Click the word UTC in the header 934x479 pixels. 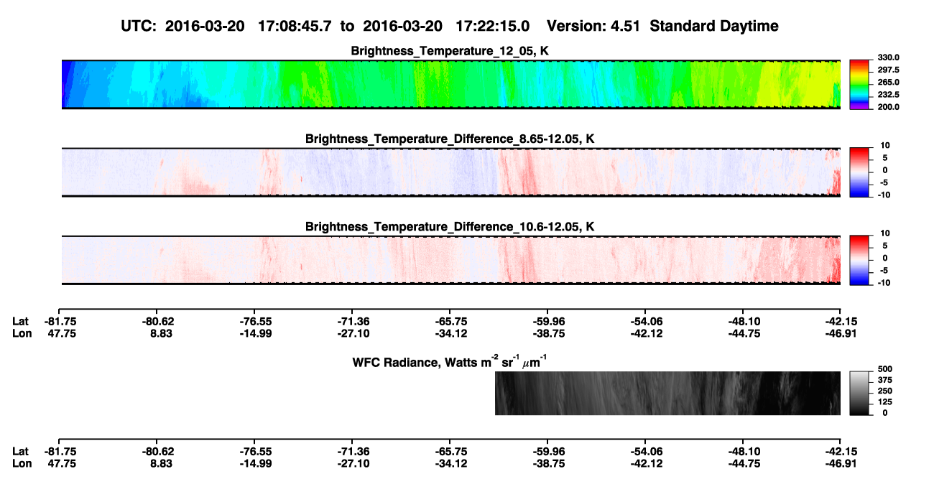coord(139,27)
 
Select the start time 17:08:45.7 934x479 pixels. coord(295,27)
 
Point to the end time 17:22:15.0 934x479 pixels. coord(492,27)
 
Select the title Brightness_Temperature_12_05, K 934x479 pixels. coord(450,51)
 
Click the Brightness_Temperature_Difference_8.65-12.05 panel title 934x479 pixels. coord(450,139)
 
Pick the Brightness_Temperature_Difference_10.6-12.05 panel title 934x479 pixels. coord(450,227)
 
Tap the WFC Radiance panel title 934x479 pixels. coord(450,362)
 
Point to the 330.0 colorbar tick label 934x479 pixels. coord(888,57)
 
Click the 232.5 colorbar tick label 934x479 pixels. coord(888,95)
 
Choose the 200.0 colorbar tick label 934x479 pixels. coord(888,107)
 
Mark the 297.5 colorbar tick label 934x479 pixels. coord(888,70)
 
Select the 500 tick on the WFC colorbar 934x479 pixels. coord(885,369)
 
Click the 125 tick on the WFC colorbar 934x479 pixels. coord(885,402)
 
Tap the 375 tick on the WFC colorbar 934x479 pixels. coord(885,380)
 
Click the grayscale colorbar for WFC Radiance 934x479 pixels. coord(859,393)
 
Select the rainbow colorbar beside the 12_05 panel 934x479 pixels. coord(859,85)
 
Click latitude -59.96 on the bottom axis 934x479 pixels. coord(549,452)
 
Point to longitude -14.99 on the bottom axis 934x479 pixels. coord(256,464)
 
